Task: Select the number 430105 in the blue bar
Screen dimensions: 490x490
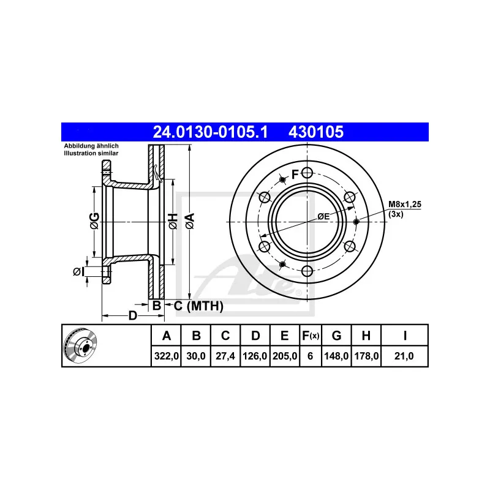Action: [317, 132]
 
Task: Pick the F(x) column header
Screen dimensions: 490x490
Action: [311, 336]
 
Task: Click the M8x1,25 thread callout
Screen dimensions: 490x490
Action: [405, 206]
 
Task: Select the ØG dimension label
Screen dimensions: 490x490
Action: [94, 222]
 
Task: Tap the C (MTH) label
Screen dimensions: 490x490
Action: [198, 305]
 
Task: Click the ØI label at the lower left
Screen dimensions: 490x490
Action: [78, 271]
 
